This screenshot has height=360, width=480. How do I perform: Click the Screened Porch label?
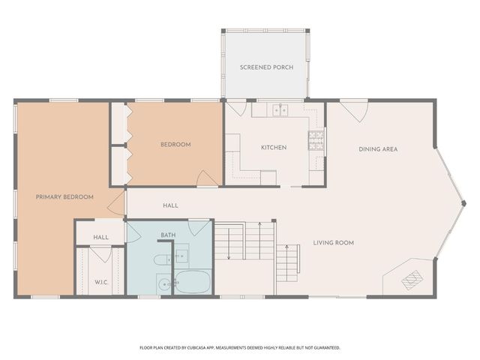pos(266,67)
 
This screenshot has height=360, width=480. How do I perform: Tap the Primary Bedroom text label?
pos(64,196)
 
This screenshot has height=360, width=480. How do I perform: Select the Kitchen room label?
pos(273,148)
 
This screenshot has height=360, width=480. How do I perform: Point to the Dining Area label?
pos(377,149)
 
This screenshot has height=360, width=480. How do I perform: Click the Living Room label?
pos(333,243)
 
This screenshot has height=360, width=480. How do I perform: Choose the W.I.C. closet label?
pos(101,282)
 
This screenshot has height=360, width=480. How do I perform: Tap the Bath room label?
pos(168,235)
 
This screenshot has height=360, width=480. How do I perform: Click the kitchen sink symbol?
pos(281,110)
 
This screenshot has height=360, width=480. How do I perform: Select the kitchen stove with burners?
pos(316,139)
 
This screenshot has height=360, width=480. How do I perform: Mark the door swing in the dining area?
pos(353,111)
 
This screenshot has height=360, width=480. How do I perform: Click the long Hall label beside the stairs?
pos(170,205)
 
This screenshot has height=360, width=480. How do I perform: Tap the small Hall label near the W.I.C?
pos(100,238)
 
